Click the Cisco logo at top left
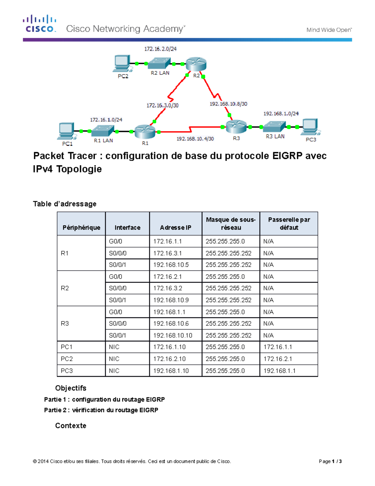click(39, 24)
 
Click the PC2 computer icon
click(122, 63)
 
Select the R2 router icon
click(196, 64)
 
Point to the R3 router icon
click(236, 126)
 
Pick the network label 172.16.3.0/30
click(162, 105)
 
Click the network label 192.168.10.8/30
click(228, 104)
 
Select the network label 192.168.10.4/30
click(195, 139)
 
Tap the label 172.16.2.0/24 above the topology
click(160, 49)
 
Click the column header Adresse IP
click(176, 228)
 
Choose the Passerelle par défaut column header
click(289, 223)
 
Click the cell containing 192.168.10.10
click(173, 335)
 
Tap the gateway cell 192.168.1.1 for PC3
click(279, 371)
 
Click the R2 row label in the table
click(65, 288)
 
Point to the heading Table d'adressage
click(65, 204)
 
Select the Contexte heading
click(71, 426)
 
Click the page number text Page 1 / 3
click(330, 461)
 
